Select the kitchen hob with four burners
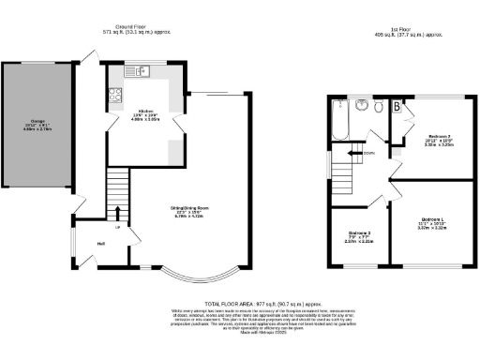pyautogui.click(x=115, y=94)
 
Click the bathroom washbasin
pyautogui.click(x=360, y=108)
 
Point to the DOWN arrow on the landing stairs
pyautogui.click(x=360, y=153)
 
